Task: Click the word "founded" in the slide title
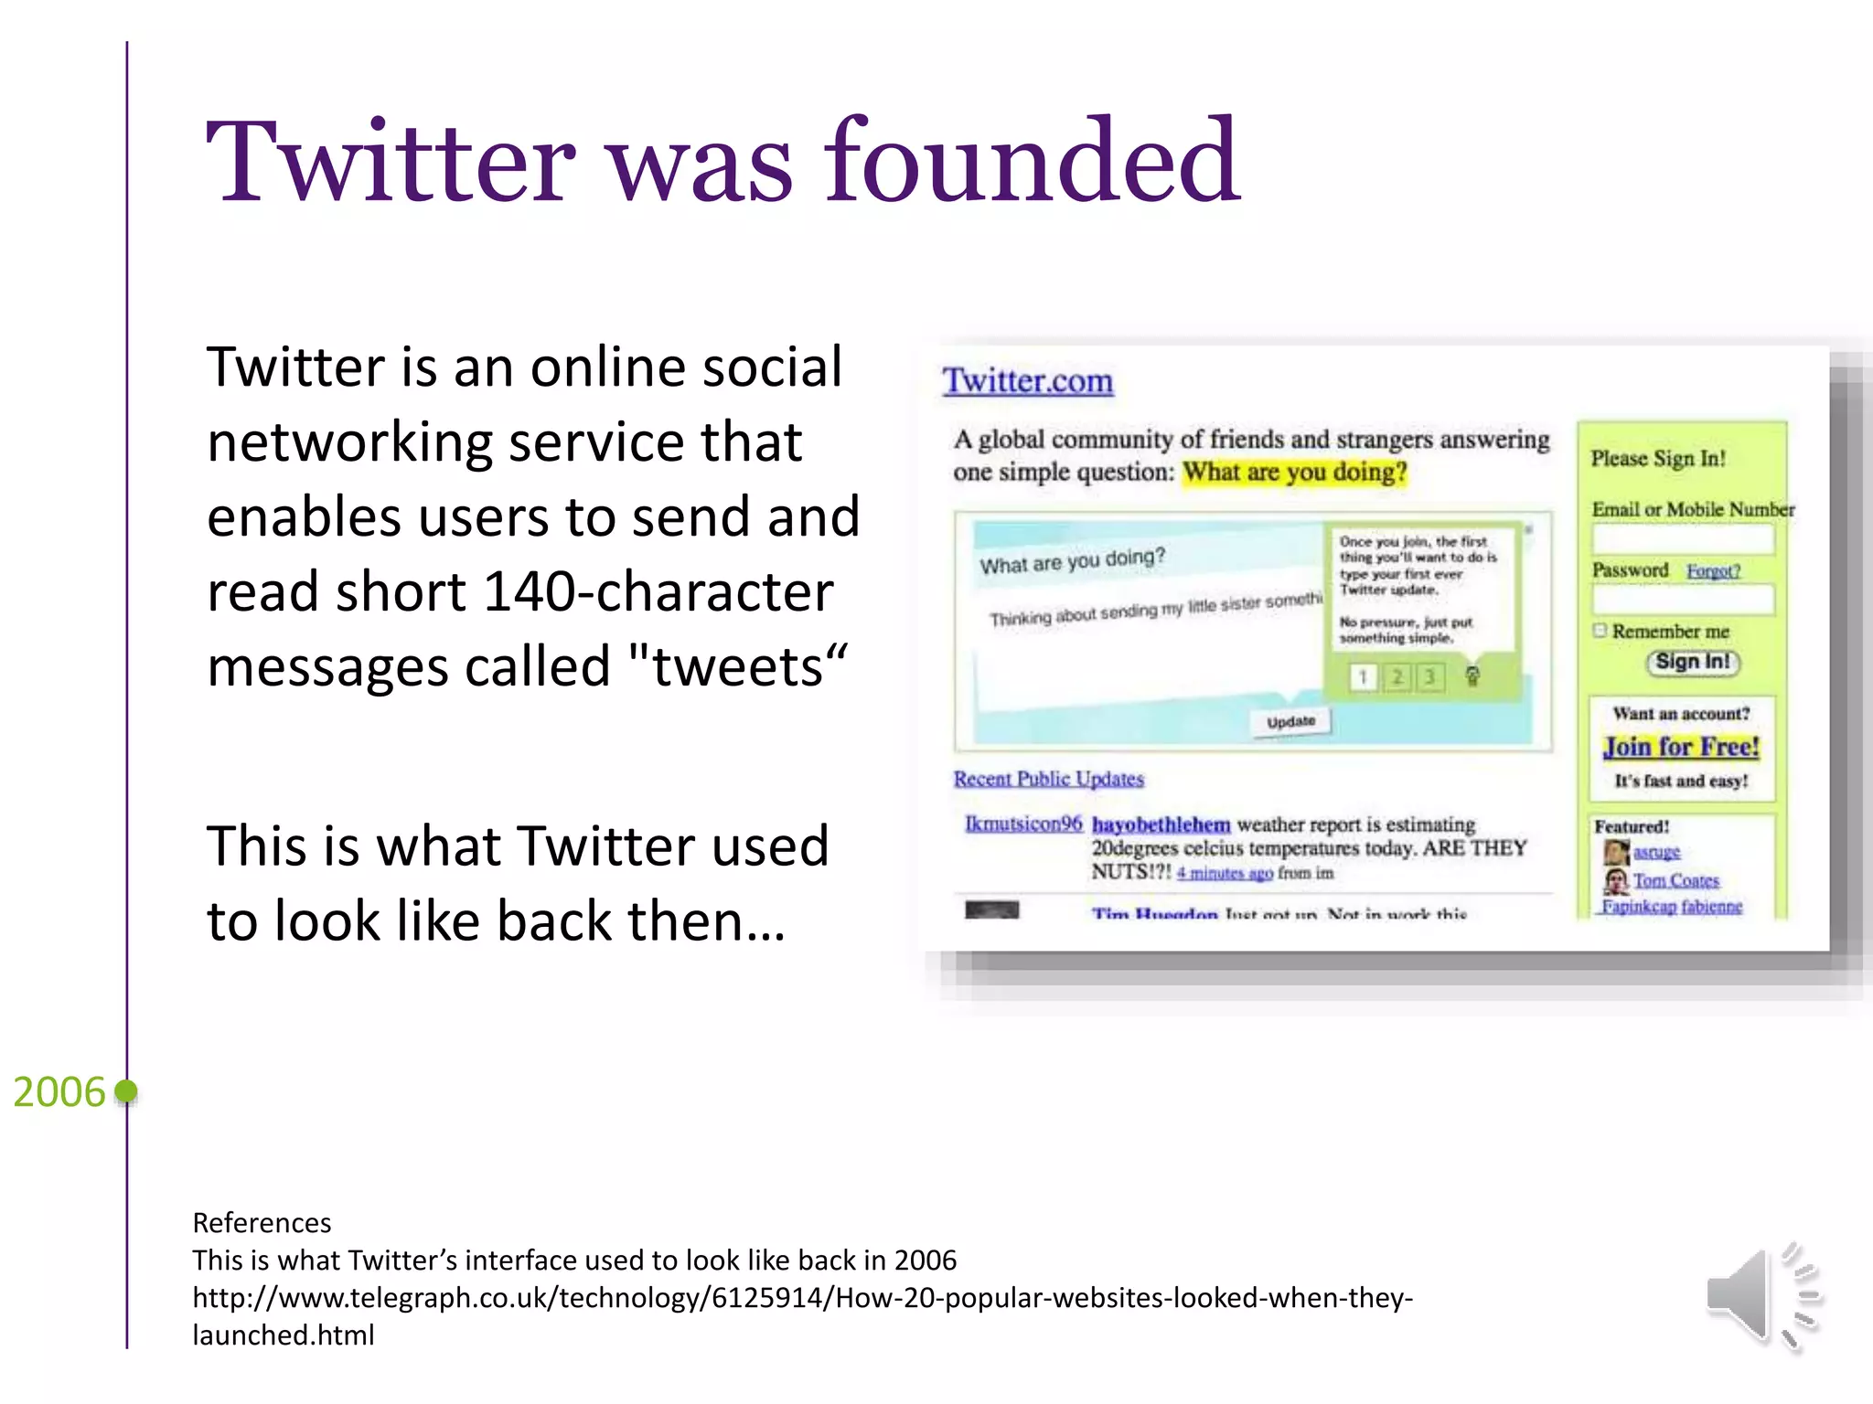(x=1032, y=162)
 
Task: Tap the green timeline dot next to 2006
(x=127, y=1090)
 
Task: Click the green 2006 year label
(x=59, y=1091)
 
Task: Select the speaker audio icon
(x=1761, y=1295)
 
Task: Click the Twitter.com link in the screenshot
(x=1028, y=381)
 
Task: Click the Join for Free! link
(x=1681, y=747)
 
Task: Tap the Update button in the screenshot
(x=1290, y=721)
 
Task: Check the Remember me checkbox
(x=1600, y=630)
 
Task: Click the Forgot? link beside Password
(x=1713, y=571)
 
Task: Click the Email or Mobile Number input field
(x=1682, y=539)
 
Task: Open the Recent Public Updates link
(x=1048, y=779)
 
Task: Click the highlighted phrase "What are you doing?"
(x=1294, y=473)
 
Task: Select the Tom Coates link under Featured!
(x=1675, y=880)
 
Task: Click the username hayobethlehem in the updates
(x=1161, y=824)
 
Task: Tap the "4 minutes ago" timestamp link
(x=1225, y=873)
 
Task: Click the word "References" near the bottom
(x=262, y=1222)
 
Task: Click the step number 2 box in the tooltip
(x=1397, y=676)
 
